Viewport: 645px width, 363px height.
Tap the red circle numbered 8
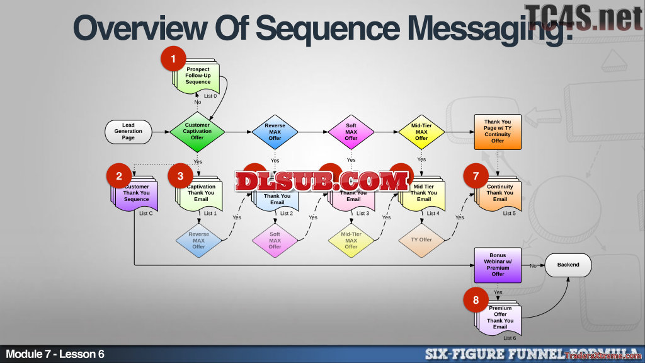[476, 299]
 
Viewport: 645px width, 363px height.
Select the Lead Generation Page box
[128, 132]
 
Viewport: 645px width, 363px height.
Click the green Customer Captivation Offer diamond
[197, 132]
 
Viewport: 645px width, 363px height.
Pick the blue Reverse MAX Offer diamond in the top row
[275, 132]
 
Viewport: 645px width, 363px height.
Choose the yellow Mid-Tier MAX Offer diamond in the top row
[421, 132]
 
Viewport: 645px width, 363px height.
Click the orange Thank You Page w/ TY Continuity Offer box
[498, 132]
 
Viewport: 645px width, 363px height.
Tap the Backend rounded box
[568, 265]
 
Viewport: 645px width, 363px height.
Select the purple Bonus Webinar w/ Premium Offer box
[498, 265]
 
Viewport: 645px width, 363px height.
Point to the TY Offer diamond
[421, 239]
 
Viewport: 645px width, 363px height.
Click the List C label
[146, 213]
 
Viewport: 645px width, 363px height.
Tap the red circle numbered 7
[476, 176]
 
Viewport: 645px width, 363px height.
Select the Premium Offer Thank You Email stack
[499, 317]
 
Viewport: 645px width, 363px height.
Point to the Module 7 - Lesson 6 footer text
[55, 354]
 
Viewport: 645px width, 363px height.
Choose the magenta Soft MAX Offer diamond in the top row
[351, 132]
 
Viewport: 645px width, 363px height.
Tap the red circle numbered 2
[119, 176]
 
